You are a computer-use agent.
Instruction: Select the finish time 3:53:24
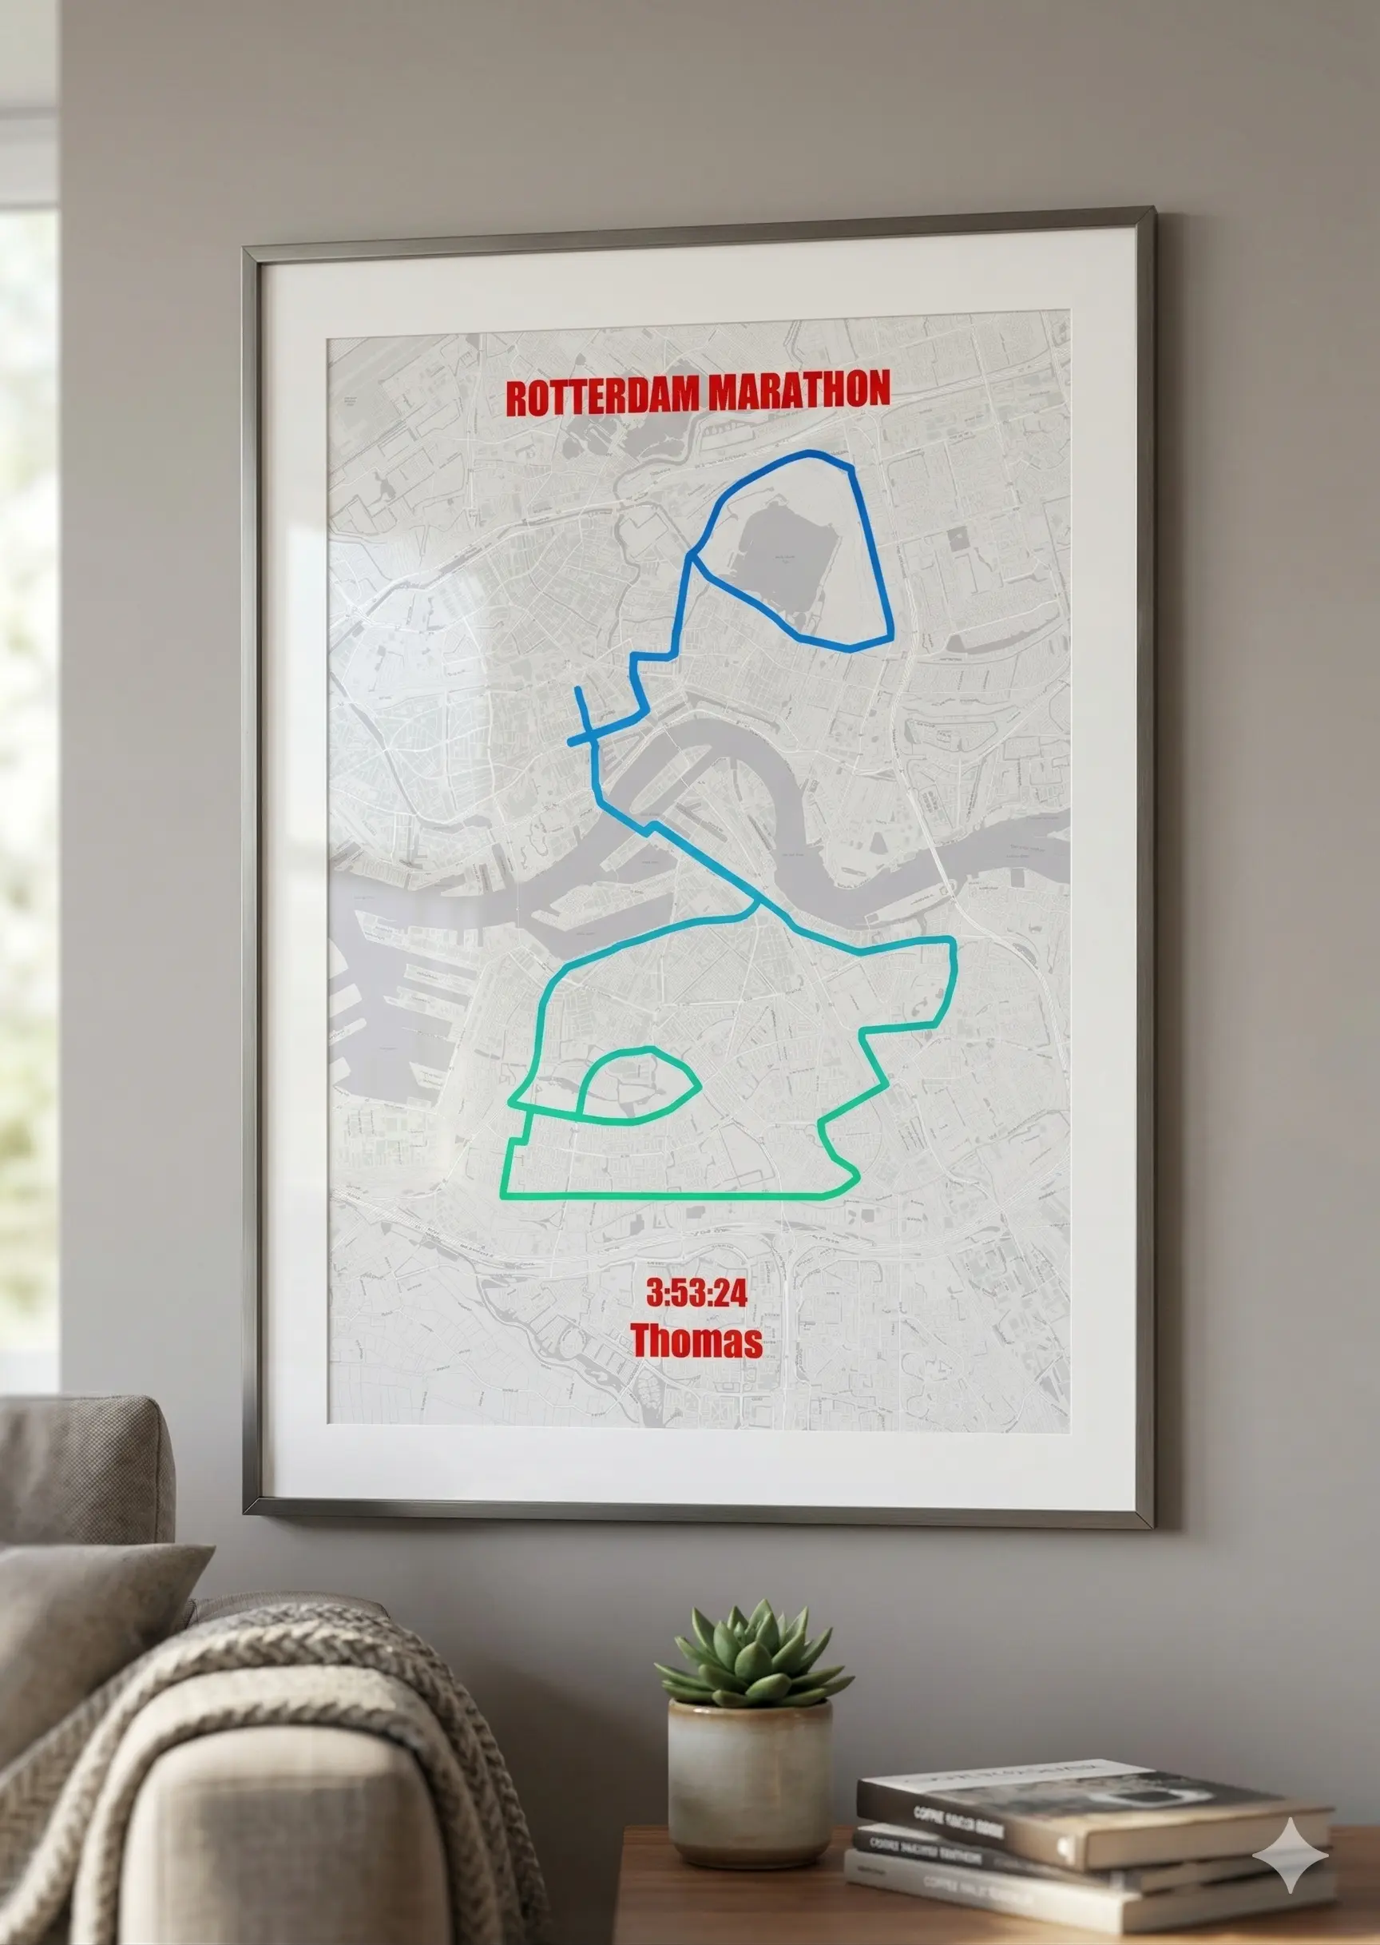click(x=697, y=1293)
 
